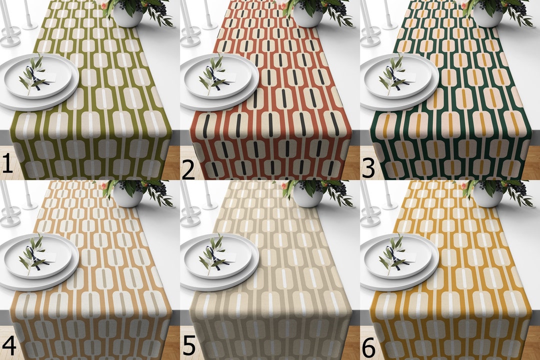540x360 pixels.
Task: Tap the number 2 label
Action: (x=188, y=168)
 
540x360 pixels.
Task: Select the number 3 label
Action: (x=367, y=168)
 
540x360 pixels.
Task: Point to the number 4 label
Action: (x=8, y=345)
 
